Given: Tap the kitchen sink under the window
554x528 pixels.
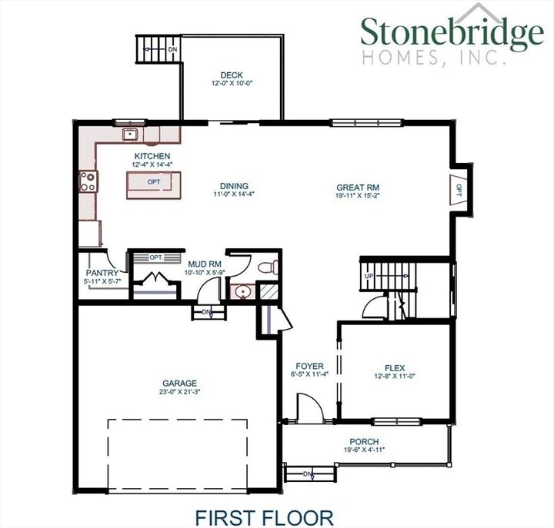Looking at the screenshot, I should (130, 136).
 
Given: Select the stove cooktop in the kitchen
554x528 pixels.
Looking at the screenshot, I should (87, 181).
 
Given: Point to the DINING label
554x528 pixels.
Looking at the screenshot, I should (233, 186).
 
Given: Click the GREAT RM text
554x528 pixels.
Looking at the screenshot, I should (358, 187).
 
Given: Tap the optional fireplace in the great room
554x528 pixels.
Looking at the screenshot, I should (458, 188).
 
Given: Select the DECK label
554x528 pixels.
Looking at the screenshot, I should (232, 75).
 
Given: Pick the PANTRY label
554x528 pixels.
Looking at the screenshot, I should (101, 273).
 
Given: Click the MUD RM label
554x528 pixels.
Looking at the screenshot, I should (204, 264).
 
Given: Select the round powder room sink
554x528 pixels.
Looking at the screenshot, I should (242, 292).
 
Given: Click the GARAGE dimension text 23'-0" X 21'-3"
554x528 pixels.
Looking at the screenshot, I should (179, 392).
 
